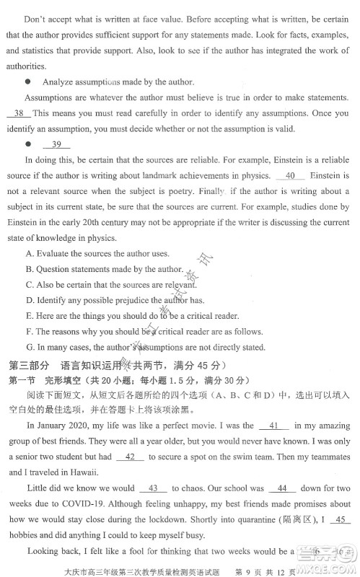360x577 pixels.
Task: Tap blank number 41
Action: pos(278,426)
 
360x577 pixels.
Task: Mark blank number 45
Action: pos(342,519)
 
